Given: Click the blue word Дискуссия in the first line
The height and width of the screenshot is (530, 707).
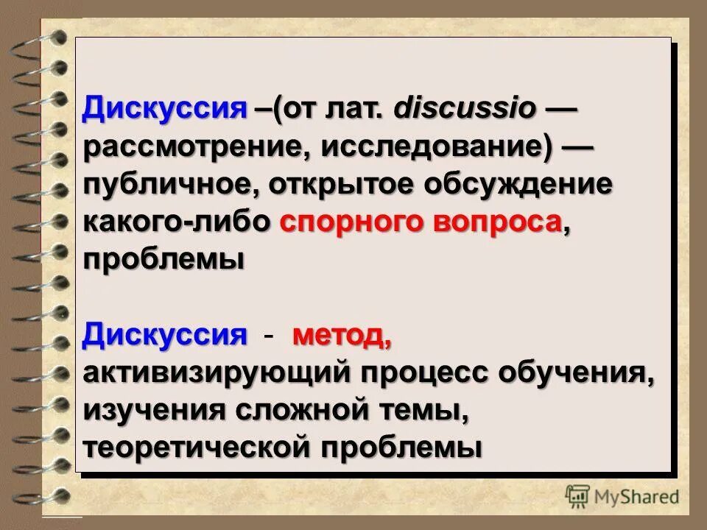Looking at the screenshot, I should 163,110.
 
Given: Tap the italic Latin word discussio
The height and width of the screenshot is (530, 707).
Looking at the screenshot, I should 465,110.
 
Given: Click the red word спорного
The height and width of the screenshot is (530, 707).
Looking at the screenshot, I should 352,222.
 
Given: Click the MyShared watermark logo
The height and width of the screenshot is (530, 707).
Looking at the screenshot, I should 623,495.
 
